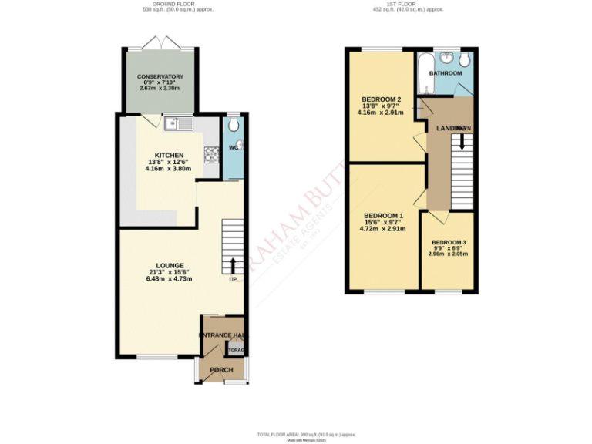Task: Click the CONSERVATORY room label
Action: click(160, 77)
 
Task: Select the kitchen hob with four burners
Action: click(212, 154)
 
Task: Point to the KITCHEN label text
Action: click(169, 155)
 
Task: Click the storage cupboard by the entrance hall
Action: click(236, 350)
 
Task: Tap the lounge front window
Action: click(156, 356)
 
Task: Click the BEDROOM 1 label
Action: click(383, 215)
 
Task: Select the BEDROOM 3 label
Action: click(448, 242)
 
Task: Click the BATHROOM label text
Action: click(446, 73)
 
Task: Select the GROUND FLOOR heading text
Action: click(172, 5)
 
